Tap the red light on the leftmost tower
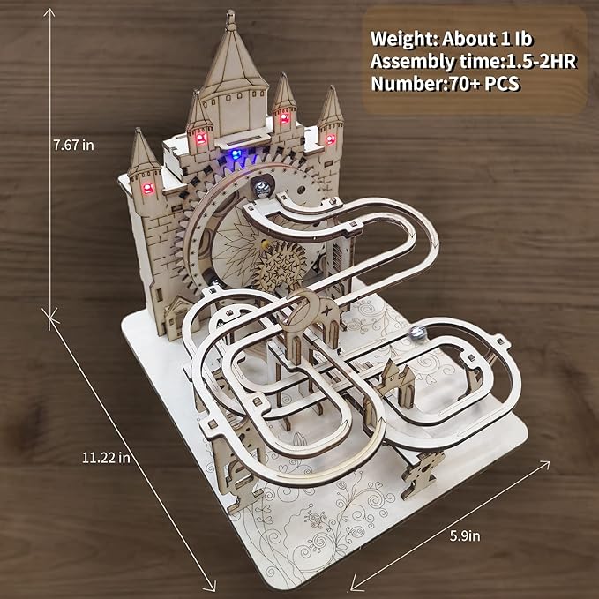click(x=147, y=187)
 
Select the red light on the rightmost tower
click(x=331, y=139)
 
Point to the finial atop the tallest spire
click(x=229, y=16)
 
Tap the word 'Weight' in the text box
click(x=401, y=40)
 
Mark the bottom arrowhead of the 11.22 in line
click(x=212, y=587)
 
